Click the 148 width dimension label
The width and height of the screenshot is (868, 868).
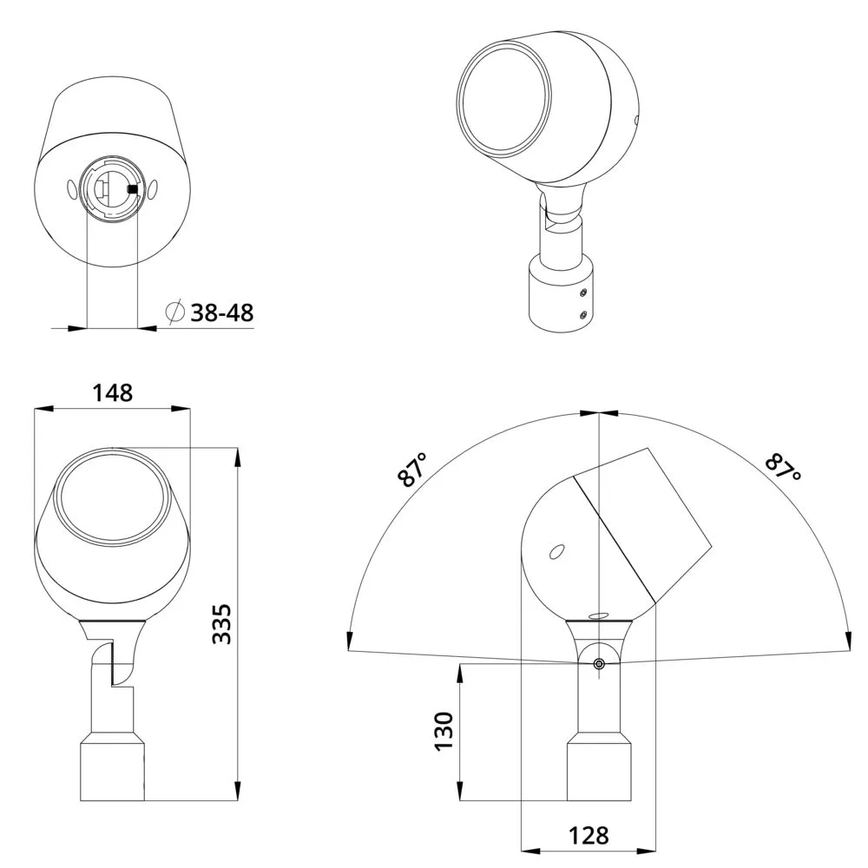click(x=112, y=392)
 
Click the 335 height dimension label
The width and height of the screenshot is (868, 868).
click(x=222, y=624)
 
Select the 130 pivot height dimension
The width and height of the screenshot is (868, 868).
click(x=444, y=731)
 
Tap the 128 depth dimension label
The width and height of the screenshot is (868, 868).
click(x=589, y=835)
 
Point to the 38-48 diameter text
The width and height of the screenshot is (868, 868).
click(x=222, y=312)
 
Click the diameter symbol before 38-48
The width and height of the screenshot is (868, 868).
click(x=175, y=312)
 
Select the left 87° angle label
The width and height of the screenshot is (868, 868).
click(x=413, y=470)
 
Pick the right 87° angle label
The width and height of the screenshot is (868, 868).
click(x=783, y=469)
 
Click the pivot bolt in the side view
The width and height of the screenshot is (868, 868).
click(x=598, y=664)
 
